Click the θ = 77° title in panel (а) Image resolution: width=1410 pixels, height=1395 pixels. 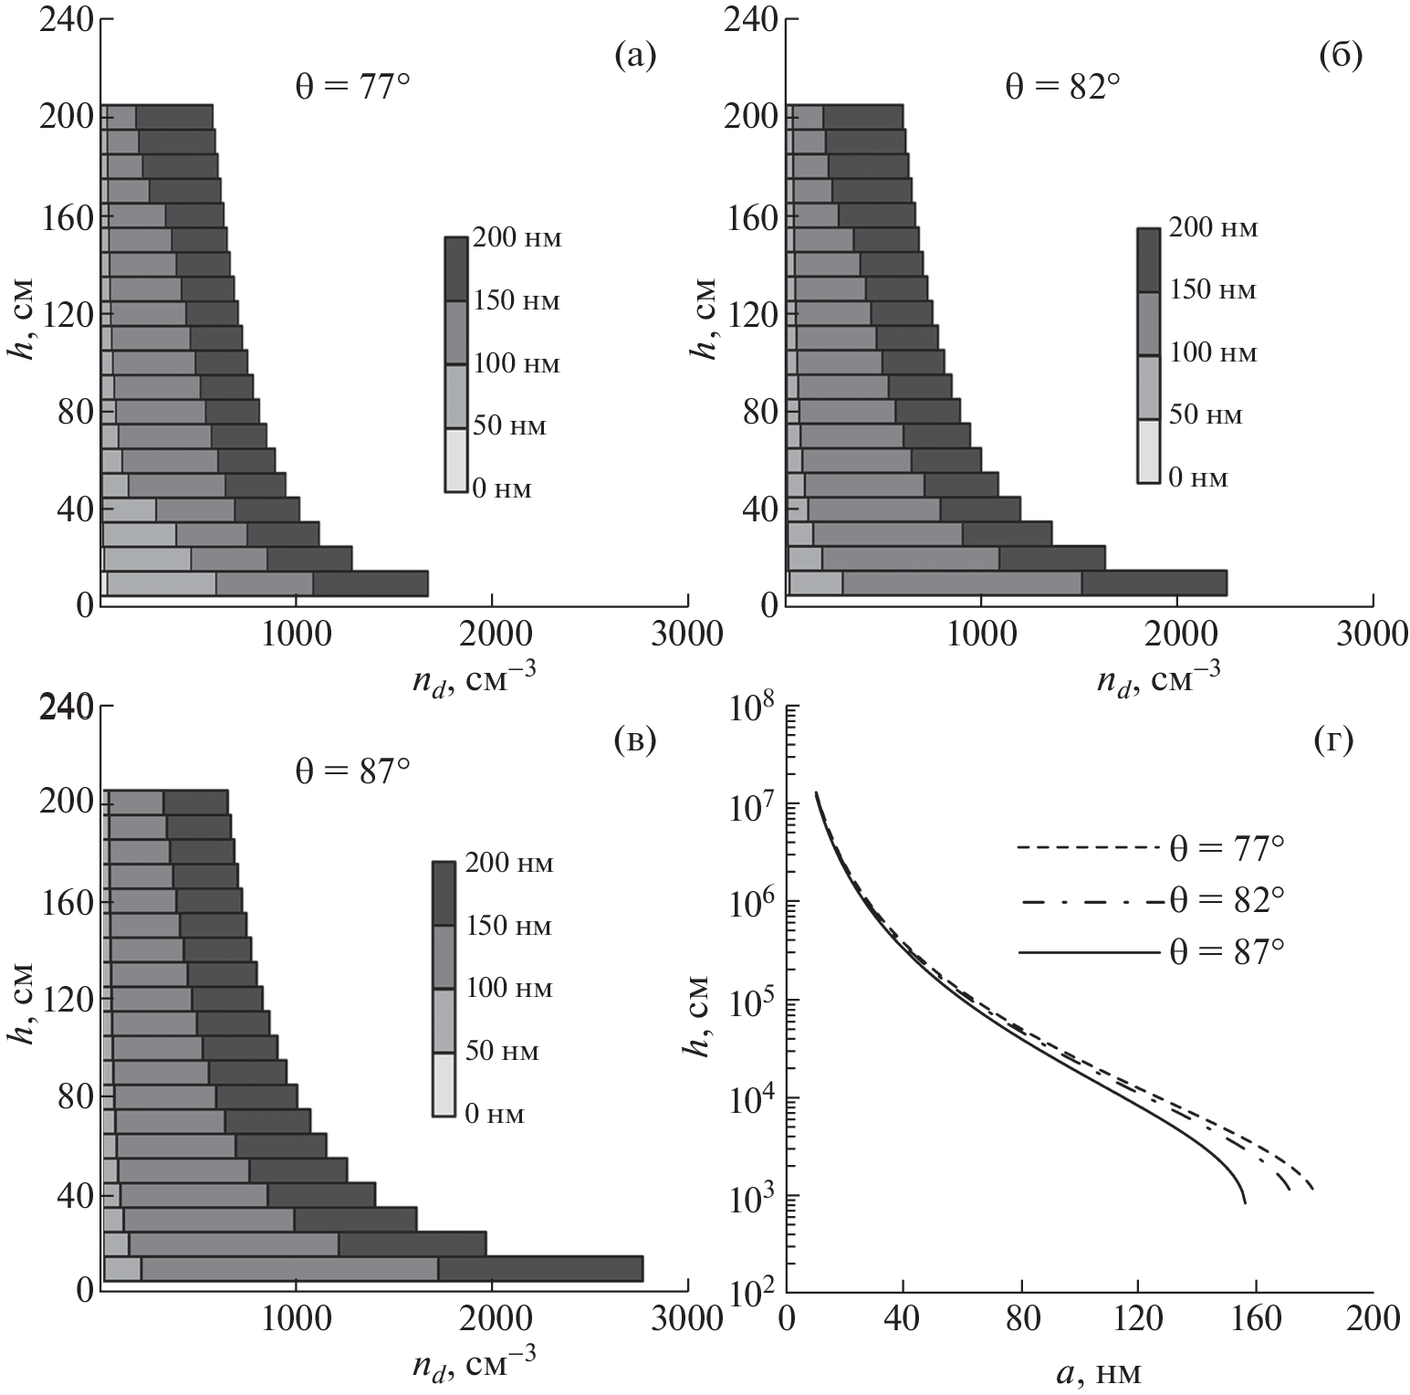[x=351, y=88]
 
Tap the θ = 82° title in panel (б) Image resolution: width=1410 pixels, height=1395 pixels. [x=1062, y=88]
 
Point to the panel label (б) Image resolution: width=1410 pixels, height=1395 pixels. [x=1341, y=57]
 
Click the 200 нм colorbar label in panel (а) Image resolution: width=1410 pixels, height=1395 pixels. [x=516, y=239]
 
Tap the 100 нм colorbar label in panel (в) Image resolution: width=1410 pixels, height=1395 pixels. [x=509, y=989]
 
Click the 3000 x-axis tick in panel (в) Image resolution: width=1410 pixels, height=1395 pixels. [x=686, y=1318]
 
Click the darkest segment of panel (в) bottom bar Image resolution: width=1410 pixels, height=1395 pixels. [x=540, y=1269]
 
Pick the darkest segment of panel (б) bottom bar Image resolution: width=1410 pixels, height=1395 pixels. [x=1154, y=583]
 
